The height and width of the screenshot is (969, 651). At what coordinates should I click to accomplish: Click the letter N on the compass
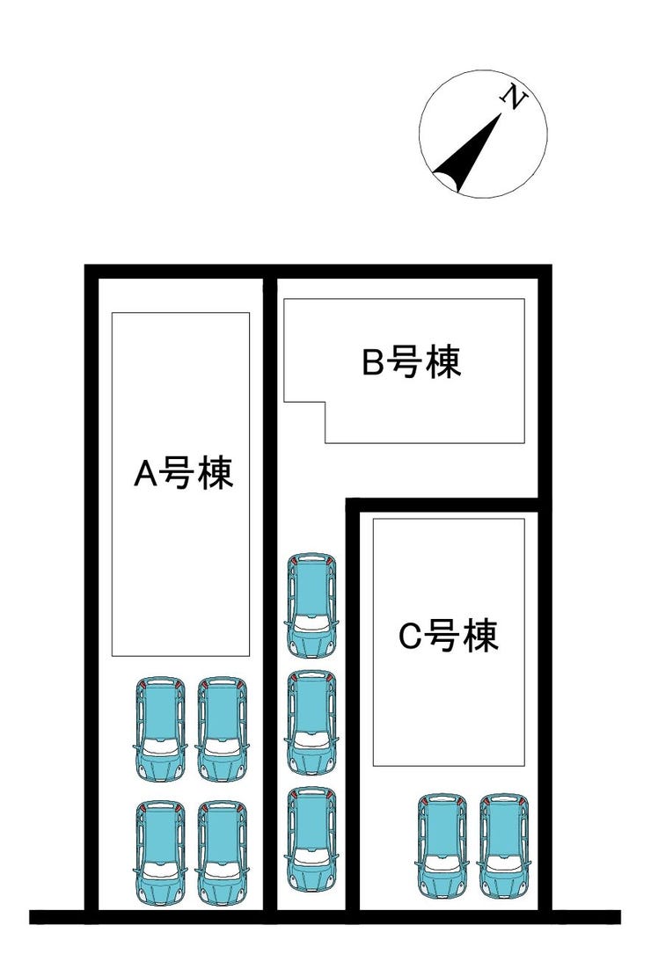pyautogui.click(x=515, y=98)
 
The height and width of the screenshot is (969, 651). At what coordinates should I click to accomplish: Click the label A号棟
pyautogui.click(x=183, y=474)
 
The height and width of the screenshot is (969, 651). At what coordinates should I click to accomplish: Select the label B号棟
pyautogui.click(x=412, y=362)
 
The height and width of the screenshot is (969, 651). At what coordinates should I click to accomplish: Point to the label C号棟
pyautogui.click(x=449, y=636)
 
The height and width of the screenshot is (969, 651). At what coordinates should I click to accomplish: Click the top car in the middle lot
pyautogui.click(x=312, y=605)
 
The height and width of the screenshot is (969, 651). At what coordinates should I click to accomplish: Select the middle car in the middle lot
pyautogui.click(x=312, y=722)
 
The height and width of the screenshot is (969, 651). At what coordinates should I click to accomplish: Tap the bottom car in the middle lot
pyautogui.click(x=312, y=838)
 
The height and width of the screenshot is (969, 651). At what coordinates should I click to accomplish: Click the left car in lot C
pyautogui.click(x=442, y=846)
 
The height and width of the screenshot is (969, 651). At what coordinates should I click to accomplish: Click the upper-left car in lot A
pyautogui.click(x=161, y=729)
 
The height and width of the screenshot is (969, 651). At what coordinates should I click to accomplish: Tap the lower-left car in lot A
pyautogui.click(x=161, y=852)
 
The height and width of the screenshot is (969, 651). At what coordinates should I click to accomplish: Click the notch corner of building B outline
pyautogui.click(x=325, y=404)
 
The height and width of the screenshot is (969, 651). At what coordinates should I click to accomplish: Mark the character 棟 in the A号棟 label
pyautogui.click(x=215, y=474)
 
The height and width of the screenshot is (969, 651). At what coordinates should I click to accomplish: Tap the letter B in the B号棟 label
pyautogui.click(x=373, y=363)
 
